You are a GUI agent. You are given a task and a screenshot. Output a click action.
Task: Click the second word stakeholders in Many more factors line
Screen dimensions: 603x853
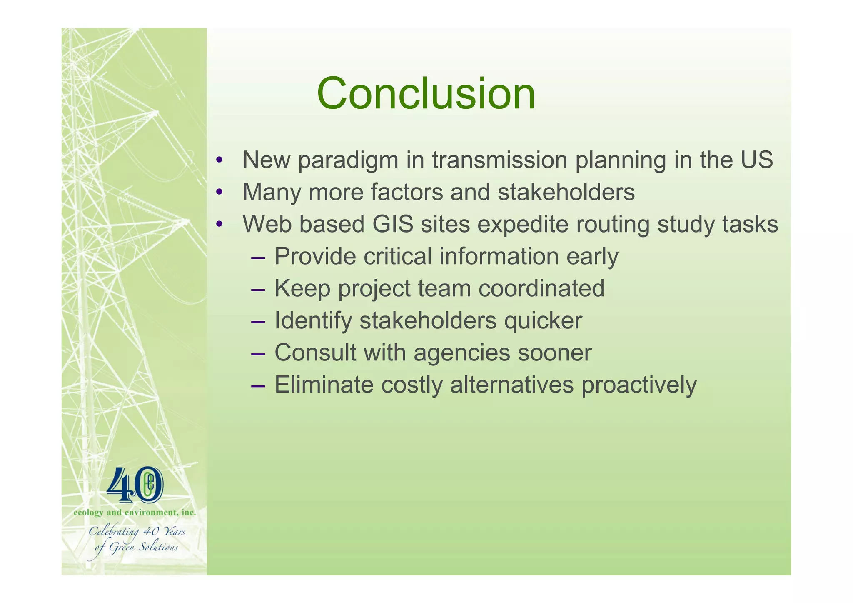566,192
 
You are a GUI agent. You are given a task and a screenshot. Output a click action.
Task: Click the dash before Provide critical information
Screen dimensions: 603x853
258,257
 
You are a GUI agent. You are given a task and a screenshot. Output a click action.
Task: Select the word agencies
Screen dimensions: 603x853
461,353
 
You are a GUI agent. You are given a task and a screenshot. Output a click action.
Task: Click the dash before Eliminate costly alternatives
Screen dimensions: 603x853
258,385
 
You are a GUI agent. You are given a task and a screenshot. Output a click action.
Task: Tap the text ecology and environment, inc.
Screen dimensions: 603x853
135,513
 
